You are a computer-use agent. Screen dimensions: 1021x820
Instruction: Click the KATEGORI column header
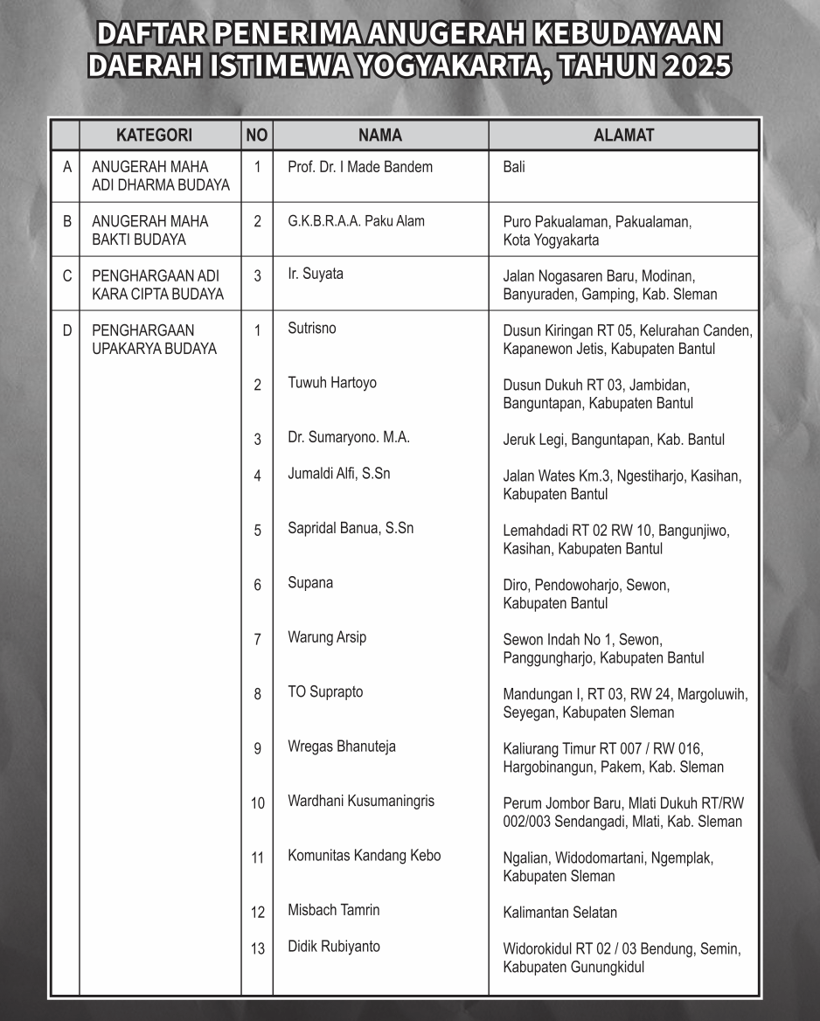[x=154, y=135]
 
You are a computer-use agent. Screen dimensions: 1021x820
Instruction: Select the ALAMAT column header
[x=623, y=135]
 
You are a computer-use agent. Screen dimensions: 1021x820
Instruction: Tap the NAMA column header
[x=380, y=135]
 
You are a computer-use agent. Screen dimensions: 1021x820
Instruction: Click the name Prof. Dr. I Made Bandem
[x=359, y=167]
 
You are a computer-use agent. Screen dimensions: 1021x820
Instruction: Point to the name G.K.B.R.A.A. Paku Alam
[x=356, y=221]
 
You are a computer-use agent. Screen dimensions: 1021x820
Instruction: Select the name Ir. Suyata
[x=315, y=274]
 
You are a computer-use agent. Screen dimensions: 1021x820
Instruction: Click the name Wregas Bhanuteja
[x=341, y=747]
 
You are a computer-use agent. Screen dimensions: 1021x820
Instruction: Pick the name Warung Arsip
[x=327, y=637]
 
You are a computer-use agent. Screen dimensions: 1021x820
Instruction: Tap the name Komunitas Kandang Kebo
[x=364, y=856]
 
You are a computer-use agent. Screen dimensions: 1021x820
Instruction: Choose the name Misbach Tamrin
[x=333, y=910]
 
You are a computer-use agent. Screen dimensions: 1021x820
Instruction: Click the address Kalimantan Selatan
[x=559, y=913]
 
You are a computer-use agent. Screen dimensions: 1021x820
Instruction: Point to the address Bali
[x=514, y=167]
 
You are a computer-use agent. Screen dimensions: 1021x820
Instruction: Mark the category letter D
[x=67, y=330]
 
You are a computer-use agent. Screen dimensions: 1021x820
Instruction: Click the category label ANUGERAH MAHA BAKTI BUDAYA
[x=150, y=231]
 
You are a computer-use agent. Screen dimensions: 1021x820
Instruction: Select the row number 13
[x=257, y=948]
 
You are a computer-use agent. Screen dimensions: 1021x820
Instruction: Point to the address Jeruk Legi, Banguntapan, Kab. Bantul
[x=614, y=440]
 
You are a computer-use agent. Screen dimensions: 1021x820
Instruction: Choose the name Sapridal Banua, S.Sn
[x=351, y=528]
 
